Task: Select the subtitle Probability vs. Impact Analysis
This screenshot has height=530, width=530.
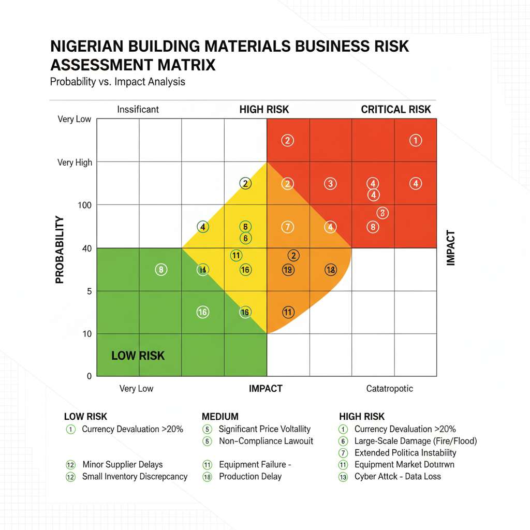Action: point(117,82)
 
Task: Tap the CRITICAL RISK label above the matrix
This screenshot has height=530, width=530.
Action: point(395,109)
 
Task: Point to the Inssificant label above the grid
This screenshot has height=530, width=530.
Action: point(138,109)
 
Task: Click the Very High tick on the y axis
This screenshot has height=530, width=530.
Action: point(75,163)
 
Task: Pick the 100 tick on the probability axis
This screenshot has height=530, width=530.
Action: point(85,205)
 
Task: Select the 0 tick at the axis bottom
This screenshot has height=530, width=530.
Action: point(89,376)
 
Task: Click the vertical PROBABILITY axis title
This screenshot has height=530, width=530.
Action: point(60,249)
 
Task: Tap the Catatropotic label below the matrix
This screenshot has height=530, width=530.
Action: point(389,389)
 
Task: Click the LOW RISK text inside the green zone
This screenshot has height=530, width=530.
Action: point(138,356)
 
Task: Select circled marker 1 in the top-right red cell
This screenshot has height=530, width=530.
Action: point(415,140)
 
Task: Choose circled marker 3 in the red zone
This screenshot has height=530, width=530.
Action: point(330,184)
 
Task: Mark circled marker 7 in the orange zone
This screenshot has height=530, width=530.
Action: point(288,227)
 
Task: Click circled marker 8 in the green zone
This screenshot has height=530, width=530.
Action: point(161,270)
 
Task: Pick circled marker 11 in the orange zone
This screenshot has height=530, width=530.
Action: point(288,312)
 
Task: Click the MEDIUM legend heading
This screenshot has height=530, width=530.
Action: point(220,417)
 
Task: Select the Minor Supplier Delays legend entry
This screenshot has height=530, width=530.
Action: point(123,464)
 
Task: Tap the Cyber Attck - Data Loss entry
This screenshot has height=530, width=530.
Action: point(397,477)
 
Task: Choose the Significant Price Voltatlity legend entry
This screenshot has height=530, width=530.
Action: point(264,429)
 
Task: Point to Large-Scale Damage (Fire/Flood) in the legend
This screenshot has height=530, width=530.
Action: point(415,441)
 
